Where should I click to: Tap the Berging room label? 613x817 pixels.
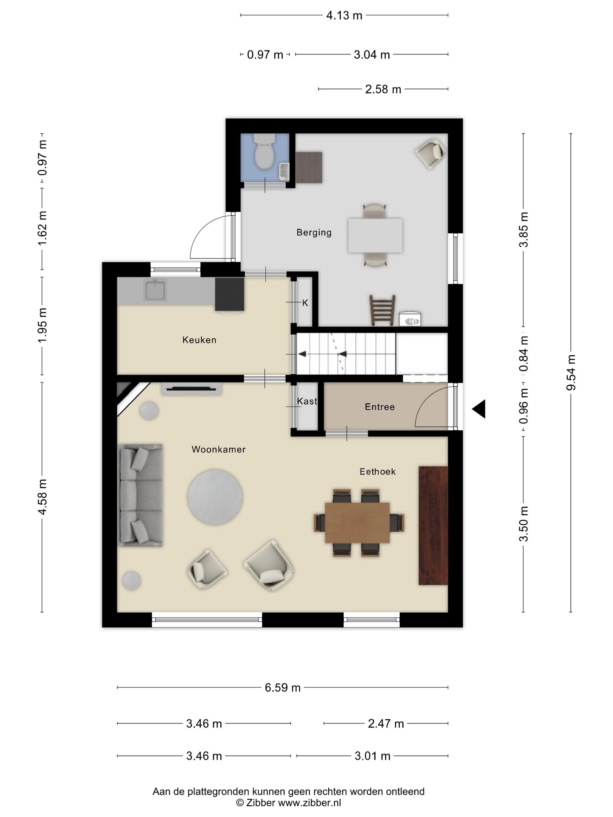[x=314, y=232]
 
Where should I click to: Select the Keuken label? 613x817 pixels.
[x=199, y=340]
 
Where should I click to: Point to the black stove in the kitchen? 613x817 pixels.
[x=229, y=294]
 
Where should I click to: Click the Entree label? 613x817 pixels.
[x=379, y=407]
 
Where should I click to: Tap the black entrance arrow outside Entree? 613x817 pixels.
[x=479, y=409]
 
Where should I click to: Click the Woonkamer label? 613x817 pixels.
[x=218, y=449]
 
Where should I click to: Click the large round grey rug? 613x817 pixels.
[x=215, y=497]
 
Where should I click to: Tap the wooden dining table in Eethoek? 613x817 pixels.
[x=357, y=523]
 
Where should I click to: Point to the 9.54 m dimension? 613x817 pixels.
[x=571, y=373]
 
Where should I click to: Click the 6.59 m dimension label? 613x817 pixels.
[x=283, y=687]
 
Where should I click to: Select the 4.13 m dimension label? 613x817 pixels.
[x=344, y=15]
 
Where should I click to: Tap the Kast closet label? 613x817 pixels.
[x=307, y=401]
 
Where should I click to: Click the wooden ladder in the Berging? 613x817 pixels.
[x=382, y=310]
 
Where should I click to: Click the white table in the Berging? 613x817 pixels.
[x=375, y=235]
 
